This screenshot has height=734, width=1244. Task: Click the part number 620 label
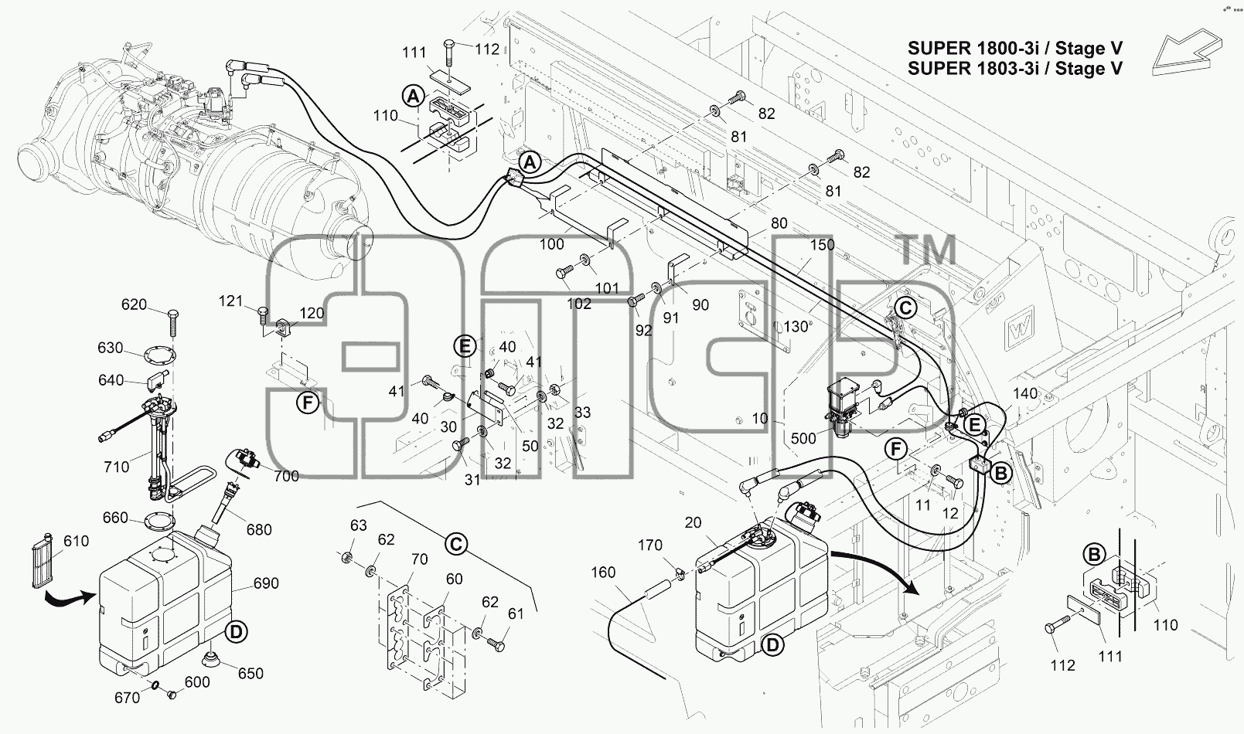(134, 304)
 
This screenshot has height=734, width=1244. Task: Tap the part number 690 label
(266, 583)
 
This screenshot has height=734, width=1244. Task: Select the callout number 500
(803, 438)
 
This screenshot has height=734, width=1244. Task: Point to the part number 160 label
(603, 572)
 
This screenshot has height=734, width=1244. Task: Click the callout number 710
(116, 467)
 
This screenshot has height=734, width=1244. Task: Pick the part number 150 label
(822, 245)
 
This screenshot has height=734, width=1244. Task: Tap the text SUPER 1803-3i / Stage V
(1014, 68)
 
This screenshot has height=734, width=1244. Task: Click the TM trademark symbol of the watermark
(927, 250)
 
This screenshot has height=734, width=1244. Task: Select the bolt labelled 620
(172, 322)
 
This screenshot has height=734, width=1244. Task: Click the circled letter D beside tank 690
(236, 632)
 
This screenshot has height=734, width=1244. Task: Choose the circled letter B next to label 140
(1000, 474)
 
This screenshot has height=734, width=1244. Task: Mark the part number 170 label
(649, 545)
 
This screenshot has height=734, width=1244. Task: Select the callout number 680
(259, 529)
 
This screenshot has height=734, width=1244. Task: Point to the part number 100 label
(551, 244)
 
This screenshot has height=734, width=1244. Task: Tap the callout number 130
(796, 327)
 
